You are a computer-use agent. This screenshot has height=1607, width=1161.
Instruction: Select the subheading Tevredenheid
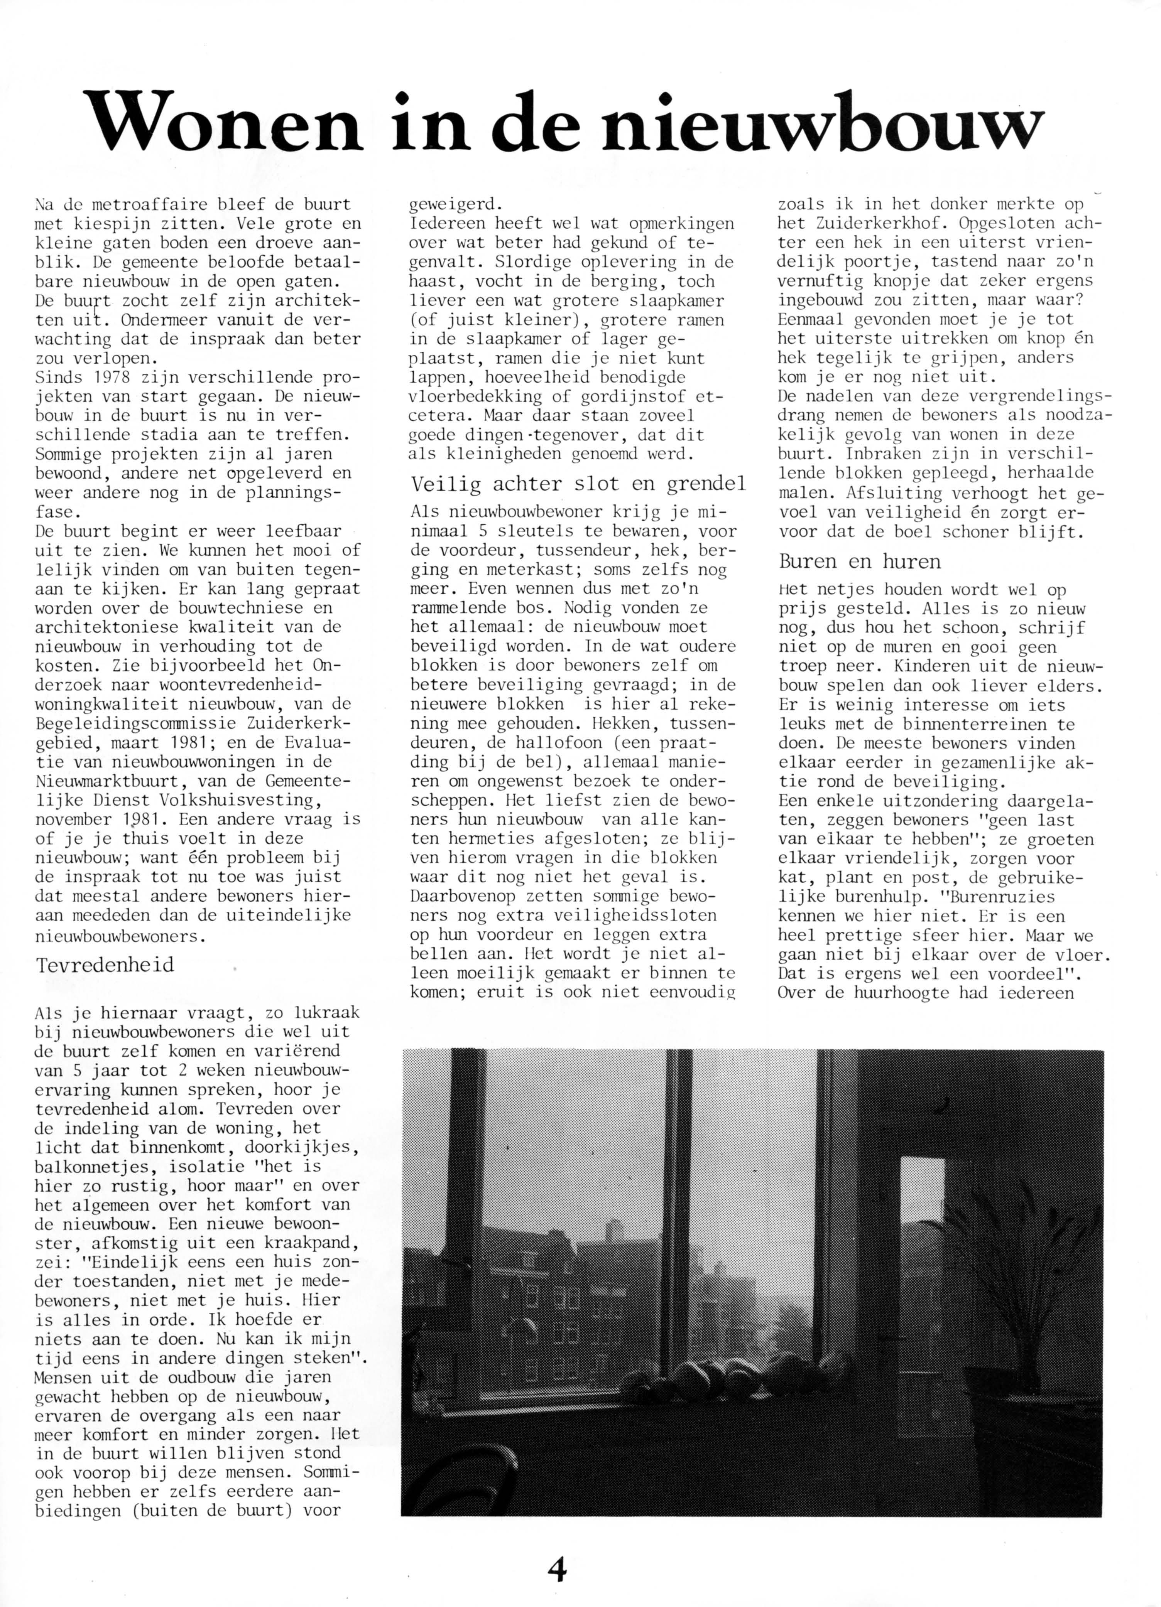(x=105, y=965)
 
